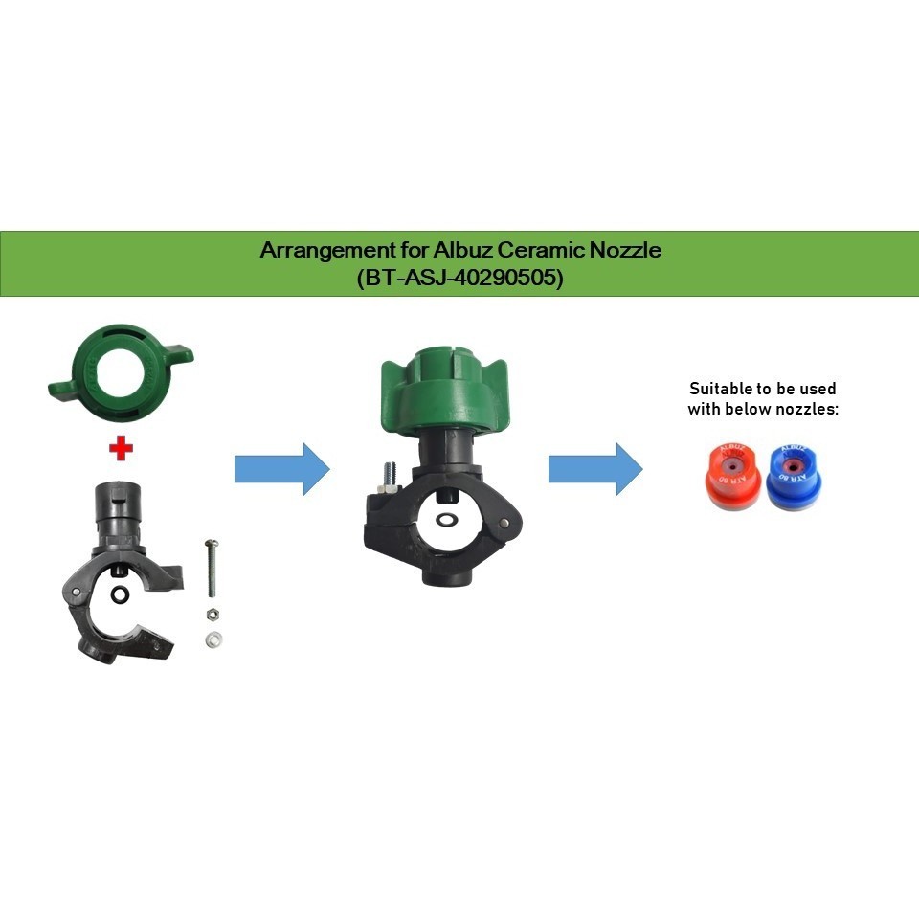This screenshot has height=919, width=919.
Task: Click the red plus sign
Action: coord(120,448)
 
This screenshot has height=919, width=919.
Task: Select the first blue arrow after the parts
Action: coord(282,469)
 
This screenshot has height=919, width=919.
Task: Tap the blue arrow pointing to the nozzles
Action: coord(595,469)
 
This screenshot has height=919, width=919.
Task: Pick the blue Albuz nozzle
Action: coord(790,476)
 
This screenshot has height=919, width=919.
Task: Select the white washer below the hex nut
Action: coord(212,639)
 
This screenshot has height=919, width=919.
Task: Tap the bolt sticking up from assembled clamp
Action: coord(390,475)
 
